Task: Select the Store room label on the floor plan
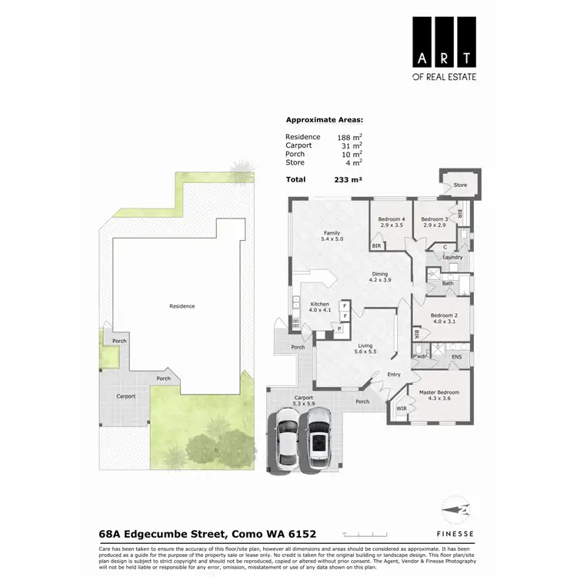460,185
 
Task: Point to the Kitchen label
319,304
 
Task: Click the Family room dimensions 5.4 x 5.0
332,239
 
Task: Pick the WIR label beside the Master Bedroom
401,409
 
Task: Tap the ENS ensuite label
456,357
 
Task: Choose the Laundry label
452,257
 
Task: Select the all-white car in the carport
286,435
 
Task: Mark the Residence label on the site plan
182,306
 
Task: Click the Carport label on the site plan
126,396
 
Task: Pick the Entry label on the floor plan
394,375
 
